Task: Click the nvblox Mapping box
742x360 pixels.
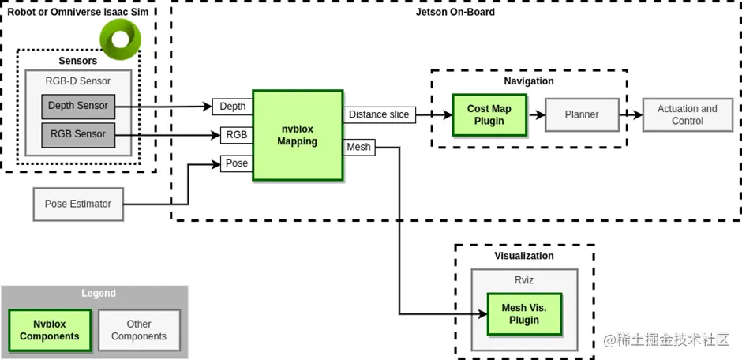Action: (x=298, y=135)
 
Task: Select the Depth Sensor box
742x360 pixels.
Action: (x=78, y=106)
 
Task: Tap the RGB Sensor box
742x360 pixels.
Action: (x=78, y=134)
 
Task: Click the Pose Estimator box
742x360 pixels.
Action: (x=77, y=204)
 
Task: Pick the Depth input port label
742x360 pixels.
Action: (x=232, y=107)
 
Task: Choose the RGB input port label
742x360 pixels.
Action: (x=236, y=135)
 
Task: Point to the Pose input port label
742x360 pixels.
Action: (x=236, y=163)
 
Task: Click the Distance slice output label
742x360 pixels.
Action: (x=379, y=114)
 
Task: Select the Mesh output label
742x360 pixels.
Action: (x=358, y=146)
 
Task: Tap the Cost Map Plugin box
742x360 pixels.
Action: (x=489, y=115)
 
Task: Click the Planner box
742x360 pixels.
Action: (x=582, y=114)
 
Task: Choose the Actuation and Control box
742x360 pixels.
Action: (x=687, y=115)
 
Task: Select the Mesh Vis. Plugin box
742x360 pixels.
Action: (x=524, y=313)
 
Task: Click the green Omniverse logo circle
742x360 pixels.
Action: (x=121, y=36)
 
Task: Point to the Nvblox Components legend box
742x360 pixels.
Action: (x=50, y=330)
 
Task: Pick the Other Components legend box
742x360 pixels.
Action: (x=139, y=330)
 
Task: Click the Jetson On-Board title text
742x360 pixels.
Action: (x=455, y=12)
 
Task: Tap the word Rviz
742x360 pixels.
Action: (x=524, y=279)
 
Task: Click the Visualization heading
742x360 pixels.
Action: (x=524, y=256)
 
